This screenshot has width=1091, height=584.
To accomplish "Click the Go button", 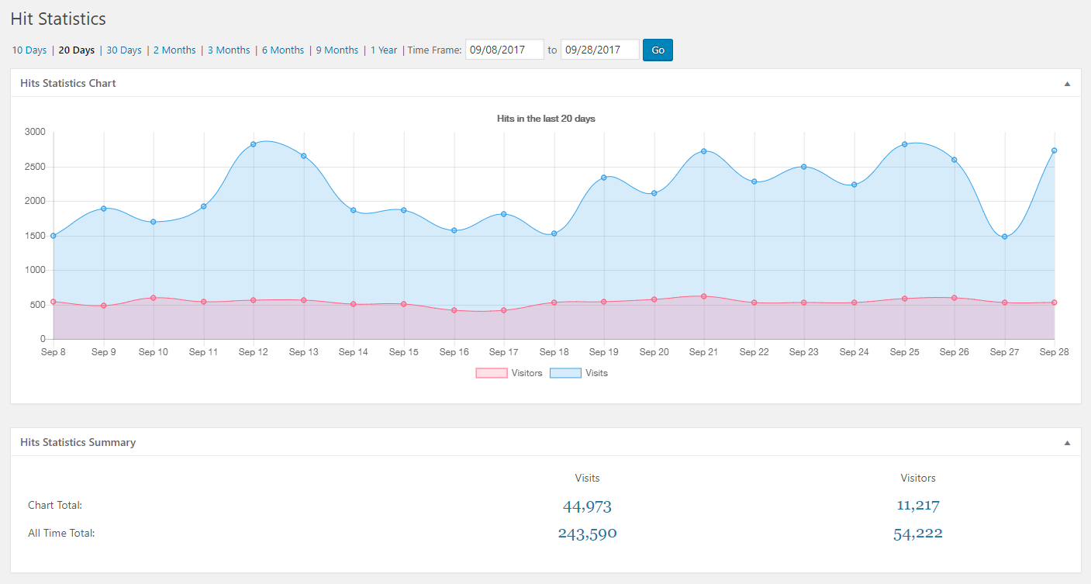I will (658, 50).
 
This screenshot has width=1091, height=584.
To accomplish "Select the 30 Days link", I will (123, 50).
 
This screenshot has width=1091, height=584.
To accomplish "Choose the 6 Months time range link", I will (282, 50).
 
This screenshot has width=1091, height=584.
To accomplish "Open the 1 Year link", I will (383, 50).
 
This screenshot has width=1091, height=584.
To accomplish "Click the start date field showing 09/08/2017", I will (504, 50).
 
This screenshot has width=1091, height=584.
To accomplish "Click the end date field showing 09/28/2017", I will (599, 50).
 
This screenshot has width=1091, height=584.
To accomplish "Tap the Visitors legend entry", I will (509, 373).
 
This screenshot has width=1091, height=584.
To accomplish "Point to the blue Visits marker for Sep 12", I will (254, 144).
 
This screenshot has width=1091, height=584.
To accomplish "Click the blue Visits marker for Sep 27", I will (1004, 237).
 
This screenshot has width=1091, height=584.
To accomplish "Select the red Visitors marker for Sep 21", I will (703, 296).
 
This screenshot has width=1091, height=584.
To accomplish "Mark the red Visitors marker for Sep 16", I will (454, 310).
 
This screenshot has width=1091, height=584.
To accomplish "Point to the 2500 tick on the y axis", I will (34, 167).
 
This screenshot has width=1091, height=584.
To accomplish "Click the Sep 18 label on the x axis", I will (554, 352).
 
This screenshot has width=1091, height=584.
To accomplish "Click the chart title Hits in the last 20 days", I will (546, 119).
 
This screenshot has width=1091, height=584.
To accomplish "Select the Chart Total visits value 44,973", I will (587, 506).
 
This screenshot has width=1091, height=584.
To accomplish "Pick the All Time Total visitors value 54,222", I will (918, 534).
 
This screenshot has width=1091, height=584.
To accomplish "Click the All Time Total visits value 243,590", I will (587, 534).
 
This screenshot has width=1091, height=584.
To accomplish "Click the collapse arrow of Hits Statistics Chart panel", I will (1067, 83).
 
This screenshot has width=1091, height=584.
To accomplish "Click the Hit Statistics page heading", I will (58, 19).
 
